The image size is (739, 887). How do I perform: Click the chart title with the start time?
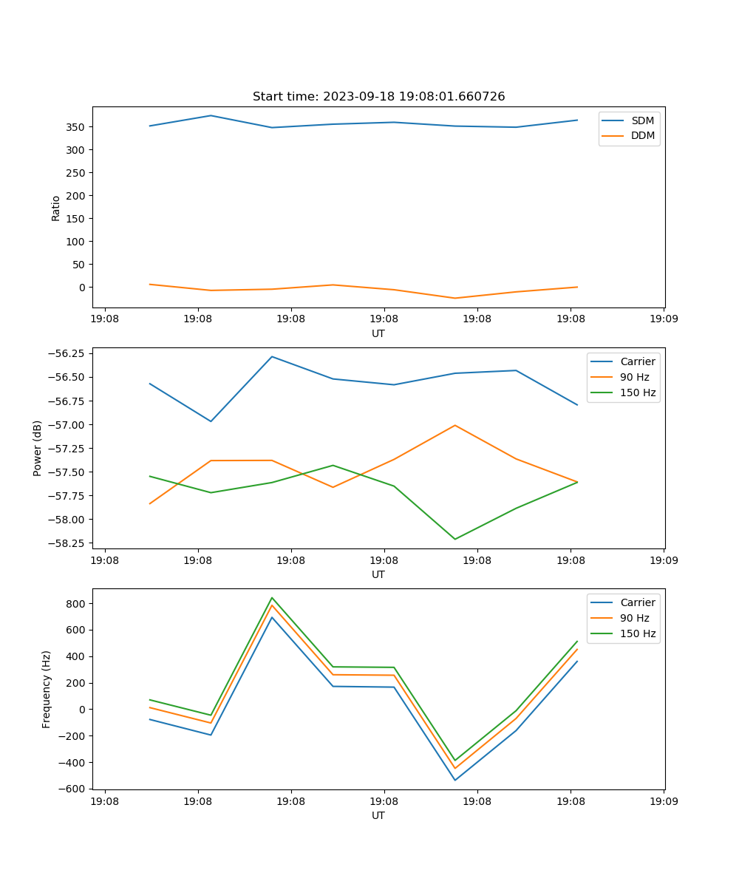click(x=378, y=97)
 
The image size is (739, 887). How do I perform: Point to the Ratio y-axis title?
click(x=56, y=208)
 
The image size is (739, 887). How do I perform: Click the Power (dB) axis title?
click(x=38, y=448)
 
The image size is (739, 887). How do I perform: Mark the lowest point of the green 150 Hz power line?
click(x=454, y=539)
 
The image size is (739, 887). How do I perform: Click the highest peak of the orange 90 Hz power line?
click(x=454, y=425)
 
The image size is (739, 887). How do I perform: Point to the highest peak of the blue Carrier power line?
click(x=272, y=356)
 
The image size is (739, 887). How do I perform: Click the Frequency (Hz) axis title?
click(x=47, y=689)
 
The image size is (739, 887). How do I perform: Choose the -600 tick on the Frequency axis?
click(x=74, y=789)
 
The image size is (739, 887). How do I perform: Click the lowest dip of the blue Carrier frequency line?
click(x=454, y=780)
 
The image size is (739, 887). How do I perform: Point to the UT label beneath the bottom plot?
click(x=378, y=815)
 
